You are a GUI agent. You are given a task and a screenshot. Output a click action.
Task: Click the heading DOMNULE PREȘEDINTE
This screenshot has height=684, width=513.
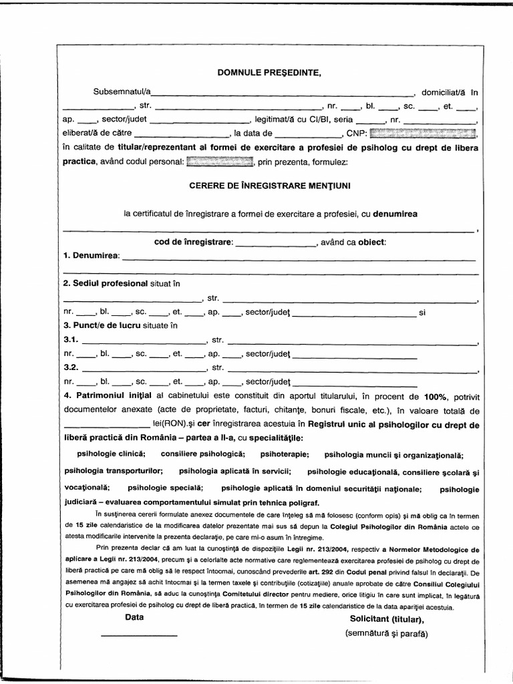coord(270,73)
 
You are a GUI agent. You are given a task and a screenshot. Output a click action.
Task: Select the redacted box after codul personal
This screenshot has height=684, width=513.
coord(219,162)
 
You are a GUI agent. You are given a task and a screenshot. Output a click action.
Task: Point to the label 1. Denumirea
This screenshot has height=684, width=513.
coord(91,256)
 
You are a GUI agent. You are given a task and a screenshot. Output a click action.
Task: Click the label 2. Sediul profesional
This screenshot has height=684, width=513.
coord(105,283)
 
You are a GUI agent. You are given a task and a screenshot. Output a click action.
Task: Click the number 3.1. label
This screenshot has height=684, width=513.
coord(70,340)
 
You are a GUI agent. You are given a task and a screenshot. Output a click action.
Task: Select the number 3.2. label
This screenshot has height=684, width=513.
coord(70,367)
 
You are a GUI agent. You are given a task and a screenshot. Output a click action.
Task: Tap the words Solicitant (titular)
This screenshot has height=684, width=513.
coord(385,619)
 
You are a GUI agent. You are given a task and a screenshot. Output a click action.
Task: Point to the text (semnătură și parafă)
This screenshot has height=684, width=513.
coord(386,633)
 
